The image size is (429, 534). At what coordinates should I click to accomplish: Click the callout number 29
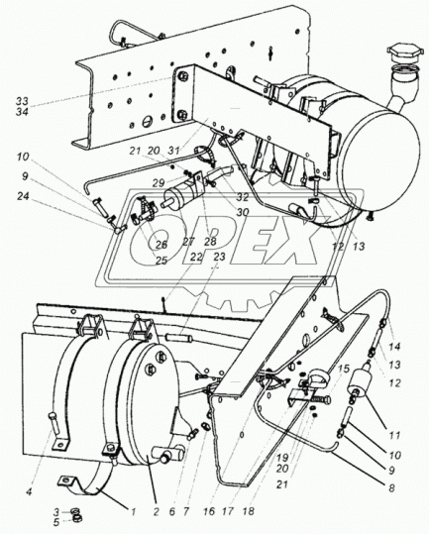click(159, 183)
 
